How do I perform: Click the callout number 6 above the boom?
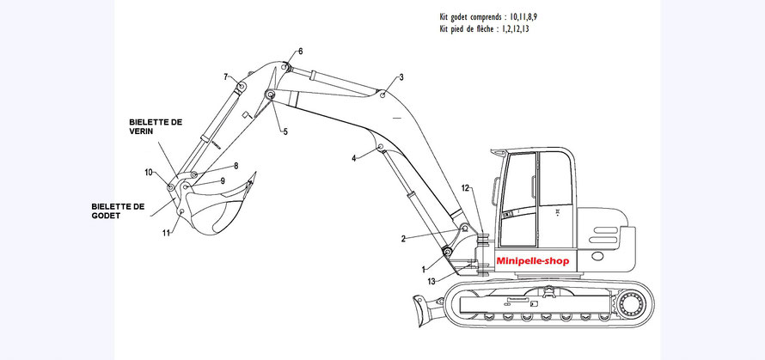pyautogui.click(x=301, y=52)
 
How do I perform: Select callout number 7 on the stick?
pyautogui.click(x=227, y=77)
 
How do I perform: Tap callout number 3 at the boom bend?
pyautogui.click(x=401, y=77)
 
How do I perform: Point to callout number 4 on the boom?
pyautogui.click(x=353, y=159)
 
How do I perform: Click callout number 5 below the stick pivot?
pyautogui.click(x=285, y=131)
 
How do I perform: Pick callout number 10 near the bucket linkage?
pyautogui.click(x=149, y=173)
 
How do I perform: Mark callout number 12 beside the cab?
pyautogui.click(x=464, y=187)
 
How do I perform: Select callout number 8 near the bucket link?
pyautogui.click(x=236, y=165)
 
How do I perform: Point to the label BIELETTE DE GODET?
pyautogui.click(x=119, y=211)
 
